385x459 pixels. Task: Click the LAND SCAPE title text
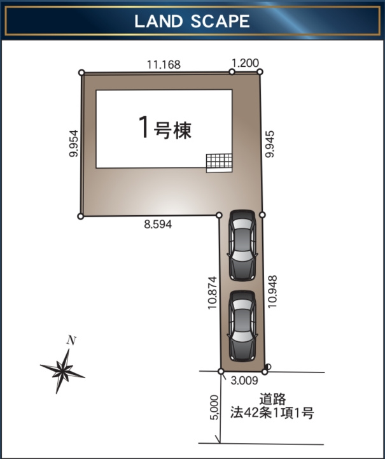point(192,21)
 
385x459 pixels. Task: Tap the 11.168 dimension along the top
point(164,64)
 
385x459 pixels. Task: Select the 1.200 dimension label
point(245,62)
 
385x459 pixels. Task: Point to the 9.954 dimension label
point(74,144)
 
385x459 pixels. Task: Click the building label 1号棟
point(165,129)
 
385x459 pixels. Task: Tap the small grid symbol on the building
point(219,162)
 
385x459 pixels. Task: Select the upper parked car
point(242,245)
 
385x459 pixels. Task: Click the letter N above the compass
point(72,341)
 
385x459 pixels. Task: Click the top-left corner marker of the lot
point(81,73)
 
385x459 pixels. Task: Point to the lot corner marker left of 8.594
point(81,216)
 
